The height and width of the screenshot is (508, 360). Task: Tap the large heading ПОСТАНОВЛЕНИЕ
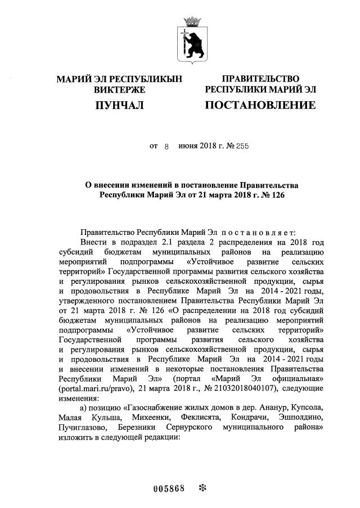pos(260,105)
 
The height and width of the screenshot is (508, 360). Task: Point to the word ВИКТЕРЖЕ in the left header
pos(119,90)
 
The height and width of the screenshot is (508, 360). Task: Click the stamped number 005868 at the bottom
pos(169,487)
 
